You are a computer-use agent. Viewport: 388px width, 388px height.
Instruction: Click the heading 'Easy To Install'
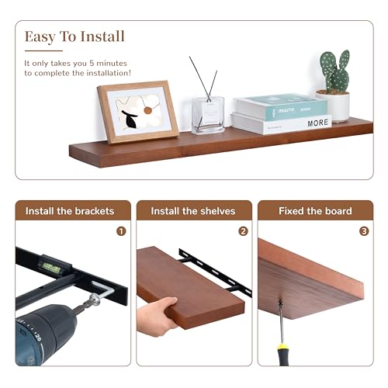[74, 36]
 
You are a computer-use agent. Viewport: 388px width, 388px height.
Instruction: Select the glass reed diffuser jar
[207, 114]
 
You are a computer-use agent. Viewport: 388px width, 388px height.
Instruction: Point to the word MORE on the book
[318, 123]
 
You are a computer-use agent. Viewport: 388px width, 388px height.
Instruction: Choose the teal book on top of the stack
[279, 107]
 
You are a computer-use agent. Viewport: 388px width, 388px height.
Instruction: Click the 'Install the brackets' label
[70, 211]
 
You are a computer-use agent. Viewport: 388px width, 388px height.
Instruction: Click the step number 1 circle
[121, 230]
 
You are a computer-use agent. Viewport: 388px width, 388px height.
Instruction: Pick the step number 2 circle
[243, 230]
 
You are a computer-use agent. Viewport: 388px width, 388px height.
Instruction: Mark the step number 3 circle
[364, 230]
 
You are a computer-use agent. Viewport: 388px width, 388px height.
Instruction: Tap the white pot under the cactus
[335, 106]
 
